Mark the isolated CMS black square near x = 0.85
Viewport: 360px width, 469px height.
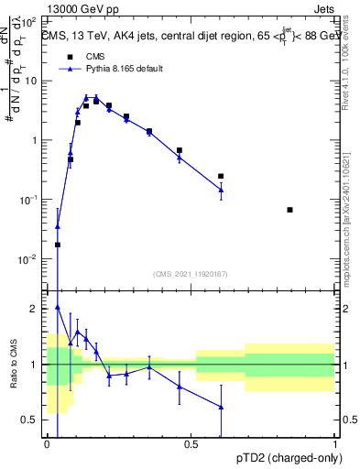pos(289,210)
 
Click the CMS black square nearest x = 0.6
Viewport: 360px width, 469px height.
pos(221,176)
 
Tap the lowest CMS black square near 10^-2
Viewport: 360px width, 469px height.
pos(58,245)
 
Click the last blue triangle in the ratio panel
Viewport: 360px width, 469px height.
pos(221,407)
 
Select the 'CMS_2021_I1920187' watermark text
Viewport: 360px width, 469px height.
pos(190,273)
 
